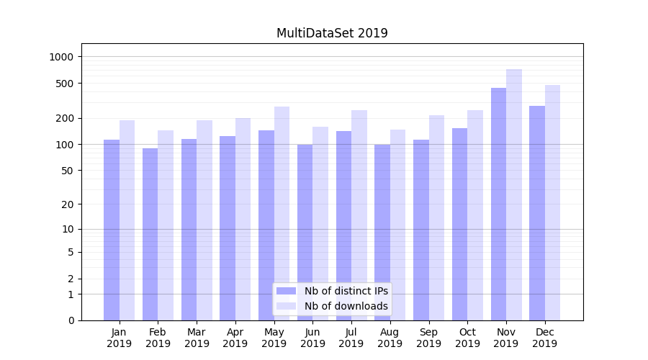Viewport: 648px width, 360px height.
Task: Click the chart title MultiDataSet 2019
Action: tap(332, 33)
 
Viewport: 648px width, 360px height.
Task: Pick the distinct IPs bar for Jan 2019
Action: tap(112, 230)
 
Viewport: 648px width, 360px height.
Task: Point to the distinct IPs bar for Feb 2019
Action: tap(150, 234)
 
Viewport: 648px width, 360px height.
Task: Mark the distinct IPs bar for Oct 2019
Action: tap(459, 224)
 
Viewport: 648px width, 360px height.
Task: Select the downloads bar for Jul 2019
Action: tap(359, 215)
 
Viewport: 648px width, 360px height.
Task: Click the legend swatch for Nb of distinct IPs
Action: tap(286, 291)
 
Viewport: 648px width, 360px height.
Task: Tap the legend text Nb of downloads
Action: tap(346, 306)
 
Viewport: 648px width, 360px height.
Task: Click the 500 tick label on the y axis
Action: tap(65, 84)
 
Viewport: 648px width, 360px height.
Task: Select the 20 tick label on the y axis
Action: tap(68, 204)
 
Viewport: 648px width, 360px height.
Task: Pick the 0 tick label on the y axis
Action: tap(71, 320)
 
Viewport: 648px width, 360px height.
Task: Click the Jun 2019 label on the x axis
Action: tap(312, 338)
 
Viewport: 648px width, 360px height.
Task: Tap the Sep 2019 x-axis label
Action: tap(428, 338)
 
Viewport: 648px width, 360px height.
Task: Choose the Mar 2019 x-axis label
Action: tap(197, 338)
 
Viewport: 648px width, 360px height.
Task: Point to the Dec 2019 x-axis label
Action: tap(544, 338)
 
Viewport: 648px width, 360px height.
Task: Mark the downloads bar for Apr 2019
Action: tap(243, 219)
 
